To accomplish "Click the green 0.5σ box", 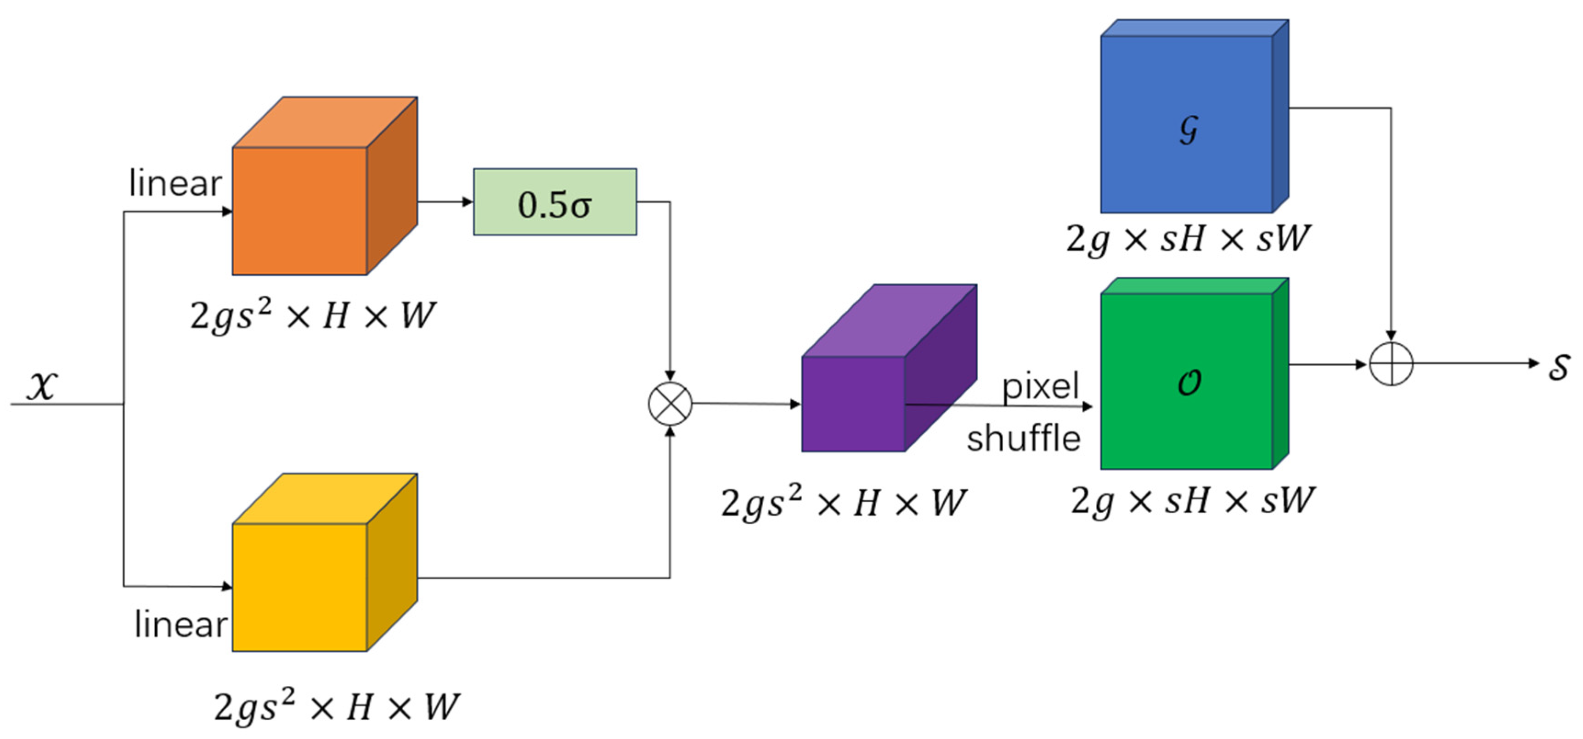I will (555, 202).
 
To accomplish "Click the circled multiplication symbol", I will (670, 403).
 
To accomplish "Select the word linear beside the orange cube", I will (175, 184).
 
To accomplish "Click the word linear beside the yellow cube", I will (180, 625).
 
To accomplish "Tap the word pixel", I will (1040, 386).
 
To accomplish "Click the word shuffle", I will (1024, 439).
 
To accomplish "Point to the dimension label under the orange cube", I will (312, 316).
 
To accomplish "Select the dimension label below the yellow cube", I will (336, 706).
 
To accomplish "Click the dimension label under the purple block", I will (843, 503).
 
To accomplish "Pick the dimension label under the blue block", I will (1188, 238).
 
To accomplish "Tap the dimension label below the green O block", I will (1192, 501).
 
